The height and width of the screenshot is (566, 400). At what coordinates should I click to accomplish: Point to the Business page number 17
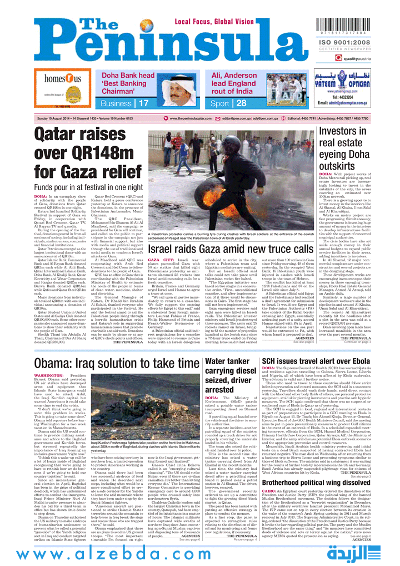(x=144, y=103)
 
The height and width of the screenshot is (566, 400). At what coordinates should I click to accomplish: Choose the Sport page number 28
(x=226, y=103)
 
